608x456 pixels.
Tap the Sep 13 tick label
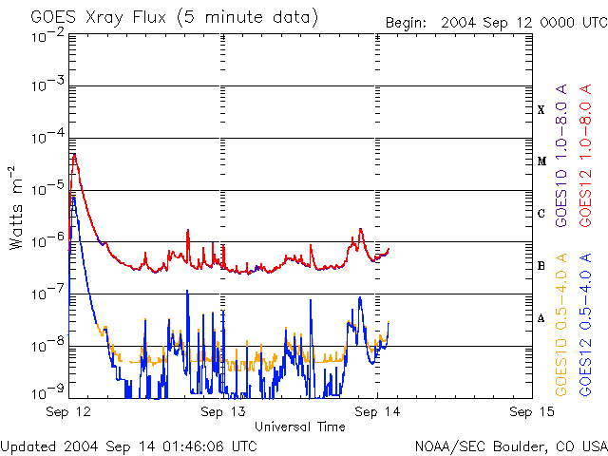pos(223,412)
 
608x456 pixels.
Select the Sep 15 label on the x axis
pos(531,412)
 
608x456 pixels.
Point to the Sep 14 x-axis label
pos(377,412)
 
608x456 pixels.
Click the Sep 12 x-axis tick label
pos(69,412)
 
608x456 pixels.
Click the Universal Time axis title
pos(299,427)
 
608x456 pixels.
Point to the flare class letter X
pos(541,110)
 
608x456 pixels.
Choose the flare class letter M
pos(541,161)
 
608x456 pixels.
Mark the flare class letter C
pos(541,214)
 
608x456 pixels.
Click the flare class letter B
pos(541,266)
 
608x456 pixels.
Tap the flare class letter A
pos(541,318)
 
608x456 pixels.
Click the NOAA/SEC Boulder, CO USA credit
pos(510,446)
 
